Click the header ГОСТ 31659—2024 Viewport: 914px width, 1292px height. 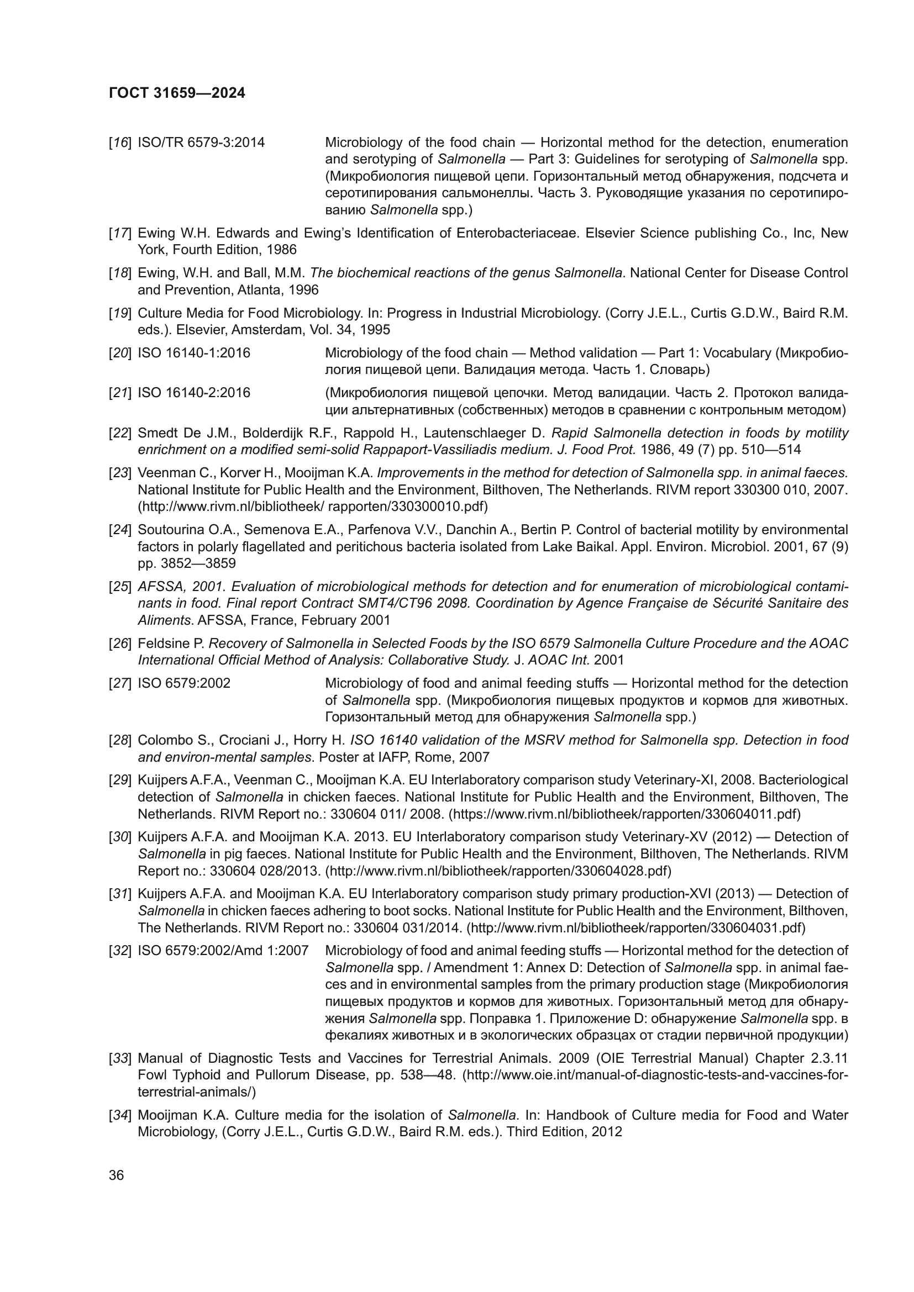(177, 93)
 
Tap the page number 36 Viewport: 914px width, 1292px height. (117, 1175)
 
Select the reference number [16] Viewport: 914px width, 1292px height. (120, 143)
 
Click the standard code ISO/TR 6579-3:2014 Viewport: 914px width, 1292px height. (201, 143)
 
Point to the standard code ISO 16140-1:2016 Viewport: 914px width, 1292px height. (193, 353)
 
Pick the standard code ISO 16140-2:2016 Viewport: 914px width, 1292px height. (193, 392)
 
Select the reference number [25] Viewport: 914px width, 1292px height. (120, 587)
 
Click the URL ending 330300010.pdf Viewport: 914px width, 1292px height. (313, 507)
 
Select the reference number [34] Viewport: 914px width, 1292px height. (120, 1115)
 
